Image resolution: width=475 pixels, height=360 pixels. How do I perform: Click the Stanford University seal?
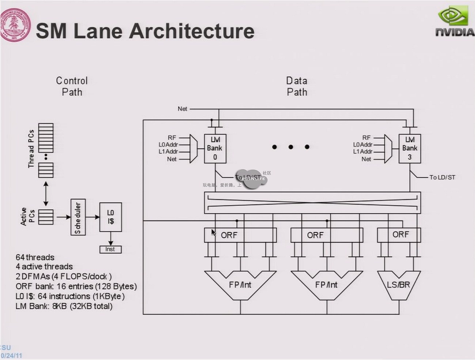(x=15, y=25)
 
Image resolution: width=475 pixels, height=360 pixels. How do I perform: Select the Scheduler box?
(x=78, y=217)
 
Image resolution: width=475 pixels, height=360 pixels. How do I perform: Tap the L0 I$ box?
(x=110, y=217)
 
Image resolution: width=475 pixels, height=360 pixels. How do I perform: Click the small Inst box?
(x=110, y=249)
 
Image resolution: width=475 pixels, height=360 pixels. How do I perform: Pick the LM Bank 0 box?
(x=215, y=148)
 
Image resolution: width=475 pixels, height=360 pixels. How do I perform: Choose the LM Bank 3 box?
(x=410, y=148)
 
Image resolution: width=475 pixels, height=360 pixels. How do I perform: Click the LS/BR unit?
(x=399, y=285)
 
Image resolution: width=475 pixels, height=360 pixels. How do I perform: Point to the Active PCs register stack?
(x=46, y=217)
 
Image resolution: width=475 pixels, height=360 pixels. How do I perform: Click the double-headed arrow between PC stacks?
(x=46, y=194)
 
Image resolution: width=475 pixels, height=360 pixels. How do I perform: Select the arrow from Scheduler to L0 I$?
(x=93, y=217)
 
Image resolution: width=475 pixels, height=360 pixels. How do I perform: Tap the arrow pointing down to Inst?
(x=110, y=239)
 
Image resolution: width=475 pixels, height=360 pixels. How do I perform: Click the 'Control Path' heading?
(x=72, y=86)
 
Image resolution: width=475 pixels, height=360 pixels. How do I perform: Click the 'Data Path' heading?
(x=297, y=86)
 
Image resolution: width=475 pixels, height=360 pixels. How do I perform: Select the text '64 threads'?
(x=35, y=257)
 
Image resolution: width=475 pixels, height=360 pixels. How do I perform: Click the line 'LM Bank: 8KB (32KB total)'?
(x=64, y=306)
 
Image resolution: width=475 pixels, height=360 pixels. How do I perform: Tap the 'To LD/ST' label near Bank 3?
(x=442, y=177)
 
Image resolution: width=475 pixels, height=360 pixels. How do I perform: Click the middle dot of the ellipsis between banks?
(x=290, y=147)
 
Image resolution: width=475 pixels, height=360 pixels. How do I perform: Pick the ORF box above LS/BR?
(x=399, y=235)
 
